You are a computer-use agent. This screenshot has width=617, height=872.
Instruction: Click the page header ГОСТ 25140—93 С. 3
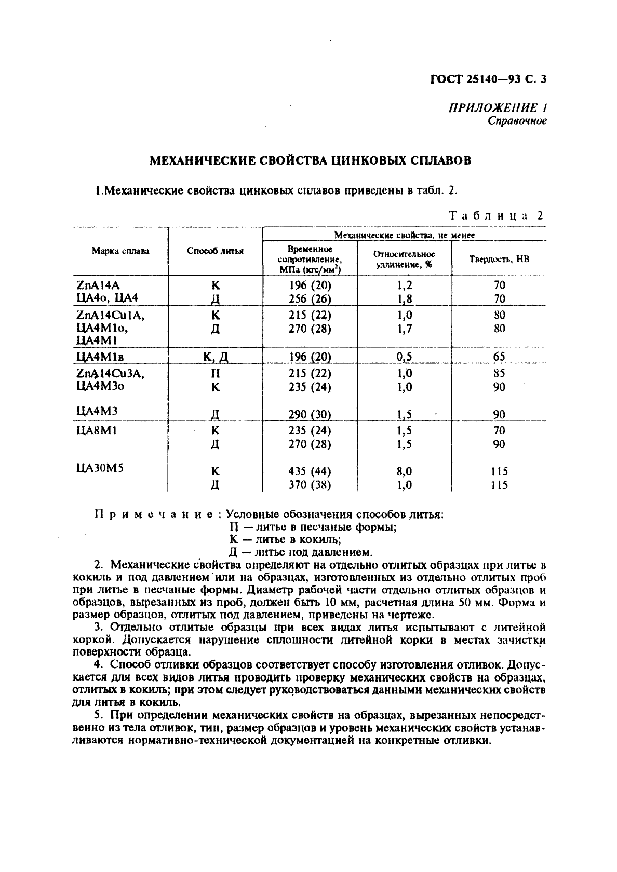point(489,79)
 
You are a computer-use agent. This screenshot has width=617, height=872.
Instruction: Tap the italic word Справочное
point(517,121)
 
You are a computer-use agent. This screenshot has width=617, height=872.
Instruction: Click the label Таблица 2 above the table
point(495,216)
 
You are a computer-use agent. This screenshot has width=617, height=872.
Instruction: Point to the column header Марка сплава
point(120,251)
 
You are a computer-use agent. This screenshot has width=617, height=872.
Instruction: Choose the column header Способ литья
point(215,251)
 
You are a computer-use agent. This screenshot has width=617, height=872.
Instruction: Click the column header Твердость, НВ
point(499,259)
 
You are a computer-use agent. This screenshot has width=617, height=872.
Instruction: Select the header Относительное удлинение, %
point(404,259)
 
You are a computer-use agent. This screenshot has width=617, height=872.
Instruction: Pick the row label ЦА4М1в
point(102,357)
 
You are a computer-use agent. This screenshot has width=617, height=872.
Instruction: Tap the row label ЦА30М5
point(100,468)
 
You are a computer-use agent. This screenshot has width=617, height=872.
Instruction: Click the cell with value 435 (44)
point(310,471)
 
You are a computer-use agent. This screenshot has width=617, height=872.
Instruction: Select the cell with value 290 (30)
point(310,414)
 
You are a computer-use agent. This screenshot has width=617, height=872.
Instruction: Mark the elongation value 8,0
point(404,471)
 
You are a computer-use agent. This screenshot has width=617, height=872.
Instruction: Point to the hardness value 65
point(499,357)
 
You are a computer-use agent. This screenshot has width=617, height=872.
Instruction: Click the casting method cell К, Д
point(216,357)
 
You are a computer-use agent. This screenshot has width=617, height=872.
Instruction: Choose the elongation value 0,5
point(404,357)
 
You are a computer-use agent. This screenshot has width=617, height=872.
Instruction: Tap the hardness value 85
point(499,373)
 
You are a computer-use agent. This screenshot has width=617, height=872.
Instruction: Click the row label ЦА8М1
point(97,430)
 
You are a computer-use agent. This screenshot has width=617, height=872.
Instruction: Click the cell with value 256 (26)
point(310,298)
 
